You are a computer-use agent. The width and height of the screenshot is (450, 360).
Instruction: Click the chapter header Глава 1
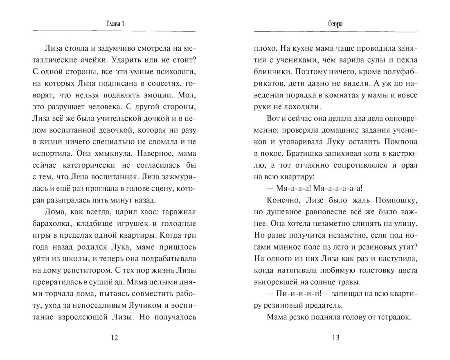pos(114,24)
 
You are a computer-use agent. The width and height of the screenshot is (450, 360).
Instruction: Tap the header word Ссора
pos(335,24)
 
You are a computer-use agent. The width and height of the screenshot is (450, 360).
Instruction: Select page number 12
pos(114,338)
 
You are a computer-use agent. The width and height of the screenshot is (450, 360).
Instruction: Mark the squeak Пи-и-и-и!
pos(292,293)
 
